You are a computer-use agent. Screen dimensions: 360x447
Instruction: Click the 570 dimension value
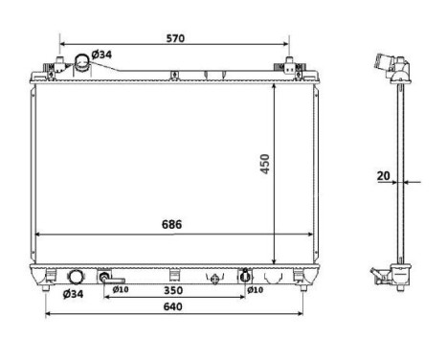tap(173, 38)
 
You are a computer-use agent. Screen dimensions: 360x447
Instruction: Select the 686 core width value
tap(171, 224)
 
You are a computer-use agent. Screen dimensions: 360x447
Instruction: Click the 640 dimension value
tap(172, 307)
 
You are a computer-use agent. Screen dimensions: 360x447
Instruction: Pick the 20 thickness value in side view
tap(383, 176)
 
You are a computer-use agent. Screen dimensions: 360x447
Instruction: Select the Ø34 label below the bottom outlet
tap(73, 293)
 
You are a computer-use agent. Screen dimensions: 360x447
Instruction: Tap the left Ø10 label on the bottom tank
tap(121, 289)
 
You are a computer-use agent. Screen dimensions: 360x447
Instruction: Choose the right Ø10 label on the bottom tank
tap(255, 289)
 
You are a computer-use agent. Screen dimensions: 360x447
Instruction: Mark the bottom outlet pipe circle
tap(72, 279)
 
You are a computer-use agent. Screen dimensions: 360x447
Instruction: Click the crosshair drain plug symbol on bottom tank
tap(215, 279)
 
